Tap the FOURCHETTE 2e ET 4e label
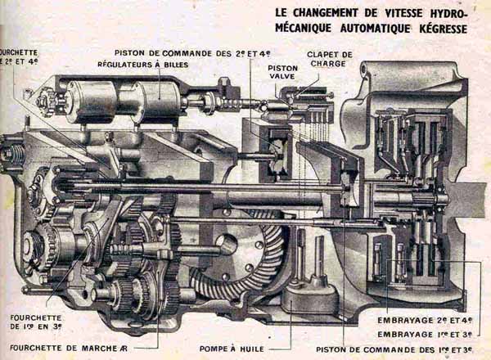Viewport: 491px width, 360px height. (x=18, y=56)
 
